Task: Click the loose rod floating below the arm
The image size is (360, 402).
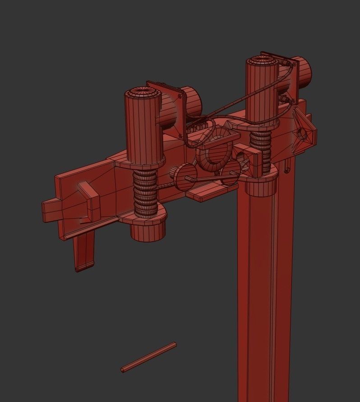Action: click(148, 357)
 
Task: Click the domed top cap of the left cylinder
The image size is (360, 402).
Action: click(143, 93)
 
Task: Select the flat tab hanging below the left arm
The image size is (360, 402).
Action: click(84, 251)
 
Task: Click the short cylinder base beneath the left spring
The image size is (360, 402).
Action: click(146, 230)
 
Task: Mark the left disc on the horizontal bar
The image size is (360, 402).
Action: click(183, 176)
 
